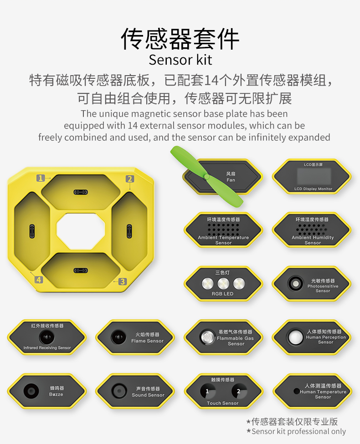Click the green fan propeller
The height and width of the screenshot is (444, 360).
tap(206, 177)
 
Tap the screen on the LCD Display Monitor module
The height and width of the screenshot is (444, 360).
tap(314, 176)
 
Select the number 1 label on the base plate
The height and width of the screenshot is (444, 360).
tap(41, 178)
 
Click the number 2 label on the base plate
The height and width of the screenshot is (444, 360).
tap(130, 179)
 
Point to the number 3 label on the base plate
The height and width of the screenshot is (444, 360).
tap(123, 281)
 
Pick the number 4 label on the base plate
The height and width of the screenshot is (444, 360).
tap(39, 280)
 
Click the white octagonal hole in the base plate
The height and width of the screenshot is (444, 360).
tap(81, 231)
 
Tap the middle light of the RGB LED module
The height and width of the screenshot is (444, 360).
tap(223, 283)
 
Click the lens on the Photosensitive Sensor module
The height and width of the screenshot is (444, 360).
tap(295, 283)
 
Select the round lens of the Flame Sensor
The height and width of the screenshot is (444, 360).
tap(118, 337)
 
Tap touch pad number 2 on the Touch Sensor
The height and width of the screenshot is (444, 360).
tap(239, 391)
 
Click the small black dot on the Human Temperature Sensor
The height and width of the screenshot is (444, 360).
tap(297, 391)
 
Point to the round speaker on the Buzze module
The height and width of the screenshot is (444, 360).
tap(31, 391)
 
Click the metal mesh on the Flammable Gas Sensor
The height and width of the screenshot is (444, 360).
tap(208, 337)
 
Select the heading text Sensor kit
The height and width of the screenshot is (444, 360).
tap(180, 60)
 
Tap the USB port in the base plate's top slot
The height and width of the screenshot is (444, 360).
tap(81, 192)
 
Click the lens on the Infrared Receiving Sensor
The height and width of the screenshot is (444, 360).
tap(47, 337)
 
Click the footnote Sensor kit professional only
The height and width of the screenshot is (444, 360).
tap(296, 431)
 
